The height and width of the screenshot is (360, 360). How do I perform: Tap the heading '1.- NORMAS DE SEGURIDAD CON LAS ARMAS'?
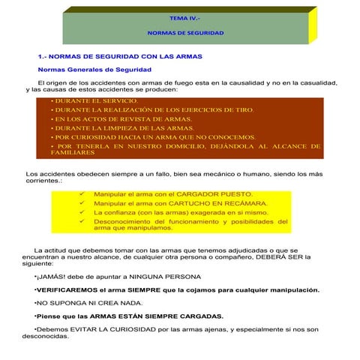pos(120,57)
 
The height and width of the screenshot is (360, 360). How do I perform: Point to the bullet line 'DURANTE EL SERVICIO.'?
pos(93,100)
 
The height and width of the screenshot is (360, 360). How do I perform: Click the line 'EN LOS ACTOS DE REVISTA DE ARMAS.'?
pos(120,118)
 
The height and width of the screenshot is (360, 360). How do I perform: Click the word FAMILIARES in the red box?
pos(73,152)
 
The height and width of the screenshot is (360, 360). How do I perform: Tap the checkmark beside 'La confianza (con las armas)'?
pos(81,212)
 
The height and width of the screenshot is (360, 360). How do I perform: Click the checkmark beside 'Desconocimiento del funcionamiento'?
pos(81,221)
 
